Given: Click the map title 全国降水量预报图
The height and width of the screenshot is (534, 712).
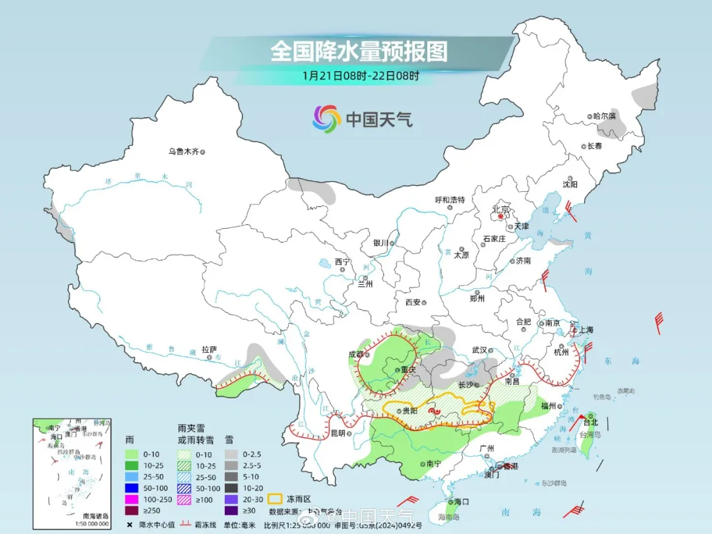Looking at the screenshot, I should [x=359, y=51].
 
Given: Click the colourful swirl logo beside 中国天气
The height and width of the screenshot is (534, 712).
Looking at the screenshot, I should [x=326, y=119].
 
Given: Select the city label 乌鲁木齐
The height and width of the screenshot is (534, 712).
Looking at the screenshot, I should [x=183, y=151].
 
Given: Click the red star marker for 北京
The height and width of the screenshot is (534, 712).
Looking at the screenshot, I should [x=501, y=216].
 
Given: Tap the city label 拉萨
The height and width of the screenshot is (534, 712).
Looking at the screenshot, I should [x=209, y=349].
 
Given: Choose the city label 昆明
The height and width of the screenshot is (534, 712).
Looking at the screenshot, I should [x=338, y=433].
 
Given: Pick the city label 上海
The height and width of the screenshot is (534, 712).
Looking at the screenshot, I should [x=585, y=330].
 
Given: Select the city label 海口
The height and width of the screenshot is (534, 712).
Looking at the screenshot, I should [x=461, y=502].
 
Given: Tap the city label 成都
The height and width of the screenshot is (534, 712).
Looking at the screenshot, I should [x=356, y=354].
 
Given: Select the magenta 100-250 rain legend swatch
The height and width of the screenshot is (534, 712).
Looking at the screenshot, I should [x=134, y=498].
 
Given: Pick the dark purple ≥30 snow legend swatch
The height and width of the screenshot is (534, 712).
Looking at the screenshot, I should [x=230, y=510].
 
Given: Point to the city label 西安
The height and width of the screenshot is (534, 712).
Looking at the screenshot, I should [x=413, y=302].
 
